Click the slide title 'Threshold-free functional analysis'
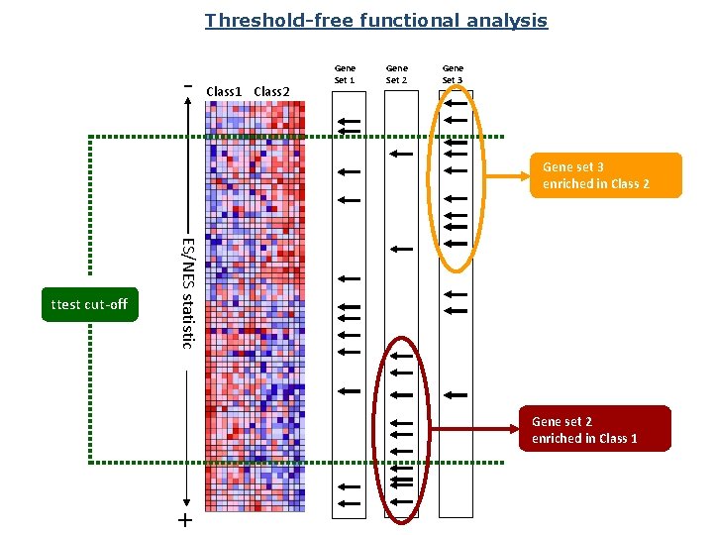pyautogui.click(x=375, y=20)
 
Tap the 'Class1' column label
pyautogui.click(x=224, y=92)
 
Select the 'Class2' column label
pyautogui.click(x=272, y=92)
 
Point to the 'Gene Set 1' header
pyautogui.click(x=345, y=74)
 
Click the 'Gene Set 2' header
pyautogui.click(x=396, y=74)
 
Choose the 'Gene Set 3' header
pyautogui.click(x=452, y=74)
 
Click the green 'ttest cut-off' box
pyautogui.click(x=90, y=304)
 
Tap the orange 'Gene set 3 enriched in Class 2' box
pyautogui.click(x=605, y=175)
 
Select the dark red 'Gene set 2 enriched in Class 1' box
pyautogui.click(x=594, y=430)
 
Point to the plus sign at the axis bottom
pyautogui.click(x=184, y=520)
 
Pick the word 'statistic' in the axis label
pyautogui.click(x=186, y=318)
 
